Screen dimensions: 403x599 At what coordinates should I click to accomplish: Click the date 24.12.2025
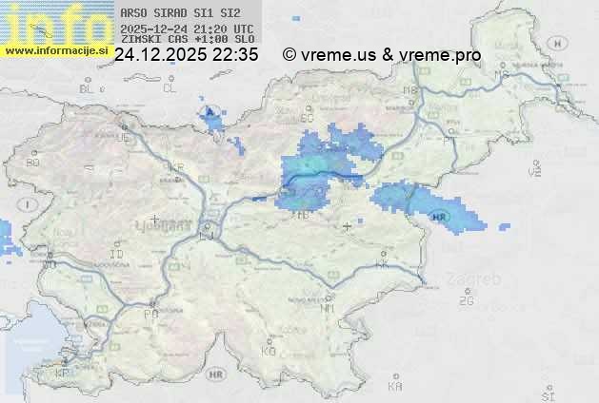(x=161, y=55)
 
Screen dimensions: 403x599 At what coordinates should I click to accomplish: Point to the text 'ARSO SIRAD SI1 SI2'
(x=181, y=13)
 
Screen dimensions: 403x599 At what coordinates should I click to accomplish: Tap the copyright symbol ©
(x=289, y=55)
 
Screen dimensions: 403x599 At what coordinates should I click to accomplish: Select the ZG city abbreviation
(x=466, y=301)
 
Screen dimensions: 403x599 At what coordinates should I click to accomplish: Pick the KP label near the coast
(x=63, y=374)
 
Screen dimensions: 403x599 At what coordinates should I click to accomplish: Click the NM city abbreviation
(x=328, y=308)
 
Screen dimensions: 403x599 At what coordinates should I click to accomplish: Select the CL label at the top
(x=170, y=88)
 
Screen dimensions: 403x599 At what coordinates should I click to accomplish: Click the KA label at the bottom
(x=395, y=387)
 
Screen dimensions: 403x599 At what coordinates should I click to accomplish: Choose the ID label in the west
(x=117, y=255)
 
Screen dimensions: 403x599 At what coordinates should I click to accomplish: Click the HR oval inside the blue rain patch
(x=439, y=218)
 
